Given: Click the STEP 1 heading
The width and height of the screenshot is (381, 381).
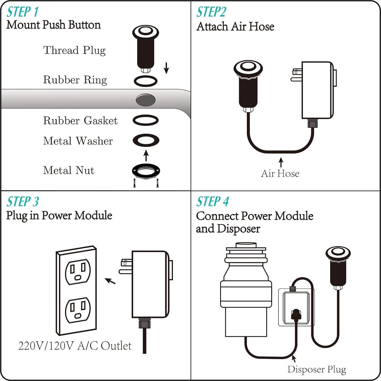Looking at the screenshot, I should tap(22, 12).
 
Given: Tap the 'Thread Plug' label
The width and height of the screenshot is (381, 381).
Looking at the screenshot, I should tap(74, 50).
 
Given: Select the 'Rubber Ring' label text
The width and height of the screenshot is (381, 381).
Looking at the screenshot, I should tap(75, 80).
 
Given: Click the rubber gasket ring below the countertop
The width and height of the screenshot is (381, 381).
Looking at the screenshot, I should tap(146, 120).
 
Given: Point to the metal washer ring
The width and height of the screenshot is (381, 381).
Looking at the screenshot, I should tap(146, 140).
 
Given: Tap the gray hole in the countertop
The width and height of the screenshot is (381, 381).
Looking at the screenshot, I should tap(145, 100).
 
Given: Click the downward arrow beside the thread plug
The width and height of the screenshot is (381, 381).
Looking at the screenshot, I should tap(166, 68).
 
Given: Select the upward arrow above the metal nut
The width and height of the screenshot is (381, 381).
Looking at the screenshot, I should tap(146, 156).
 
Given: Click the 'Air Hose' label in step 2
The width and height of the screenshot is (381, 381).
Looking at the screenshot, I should tap(280, 174).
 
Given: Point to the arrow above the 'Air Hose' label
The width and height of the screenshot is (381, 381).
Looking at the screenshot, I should tap(281, 162).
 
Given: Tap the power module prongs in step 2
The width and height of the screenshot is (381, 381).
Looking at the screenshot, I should tap(296, 75).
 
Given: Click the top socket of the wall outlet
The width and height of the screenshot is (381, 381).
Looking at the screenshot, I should tap(78, 272).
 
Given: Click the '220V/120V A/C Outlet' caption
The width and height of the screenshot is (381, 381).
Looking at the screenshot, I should tap(75, 346).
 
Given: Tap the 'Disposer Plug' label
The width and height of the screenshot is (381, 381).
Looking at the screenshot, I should tap(317, 369).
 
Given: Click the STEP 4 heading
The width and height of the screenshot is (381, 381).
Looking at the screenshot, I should tap(212, 202).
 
